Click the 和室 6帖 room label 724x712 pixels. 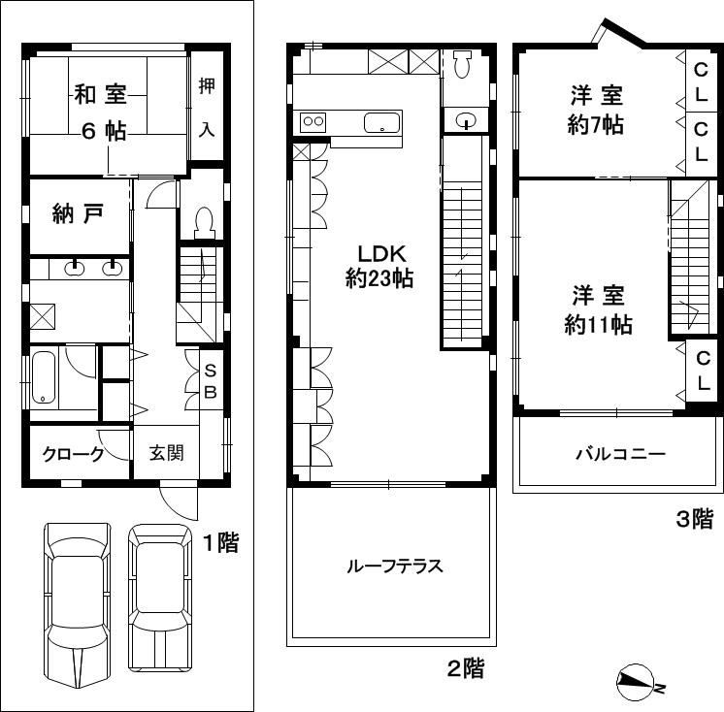(x=101, y=113)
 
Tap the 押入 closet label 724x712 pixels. (x=207, y=107)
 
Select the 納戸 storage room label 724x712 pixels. (x=78, y=214)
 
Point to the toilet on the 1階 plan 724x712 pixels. (x=204, y=224)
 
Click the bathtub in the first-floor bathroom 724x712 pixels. (x=44, y=379)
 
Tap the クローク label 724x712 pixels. (x=73, y=454)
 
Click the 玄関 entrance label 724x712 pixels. (x=167, y=453)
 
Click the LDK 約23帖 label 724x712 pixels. (x=379, y=264)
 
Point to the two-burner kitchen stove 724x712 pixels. (x=313, y=121)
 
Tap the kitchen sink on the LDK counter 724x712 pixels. (x=380, y=123)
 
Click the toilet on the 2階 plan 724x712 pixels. (x=463, y=64)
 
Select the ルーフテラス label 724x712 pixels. (x=394, y=566)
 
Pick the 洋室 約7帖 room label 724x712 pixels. (x=595, y=110)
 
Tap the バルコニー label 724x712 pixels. (x=619, y=453)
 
